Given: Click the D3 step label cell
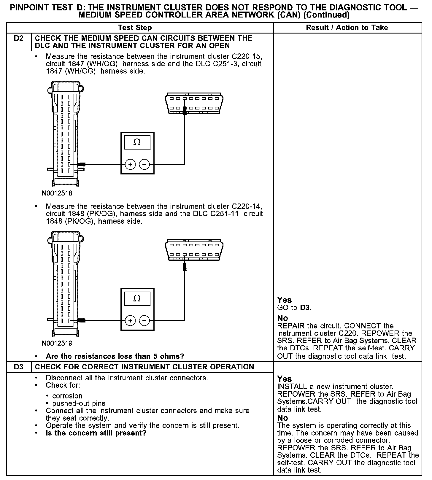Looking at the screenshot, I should click(18, 367).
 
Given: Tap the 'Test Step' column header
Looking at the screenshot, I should click(135, 28).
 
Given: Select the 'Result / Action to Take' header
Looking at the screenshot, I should click(347, 28).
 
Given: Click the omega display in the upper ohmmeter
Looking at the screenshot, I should click(137, 142).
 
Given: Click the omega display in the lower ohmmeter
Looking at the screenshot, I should click(137, 298).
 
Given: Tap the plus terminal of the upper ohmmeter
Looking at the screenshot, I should click(130, 164).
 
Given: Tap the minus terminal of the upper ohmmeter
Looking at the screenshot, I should click(144, 164).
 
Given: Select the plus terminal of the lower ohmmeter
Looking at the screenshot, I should click(130, 320).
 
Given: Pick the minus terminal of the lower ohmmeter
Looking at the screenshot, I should click(144, 320).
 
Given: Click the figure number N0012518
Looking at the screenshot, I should click(57, 193).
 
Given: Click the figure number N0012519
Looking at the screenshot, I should click(57, 344).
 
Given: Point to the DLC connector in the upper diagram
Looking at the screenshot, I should click(194, 103).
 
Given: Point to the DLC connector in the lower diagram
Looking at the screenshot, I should click(194, 250).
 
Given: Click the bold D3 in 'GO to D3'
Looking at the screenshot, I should click(305, 308).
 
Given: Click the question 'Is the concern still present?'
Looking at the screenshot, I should click(96, 433).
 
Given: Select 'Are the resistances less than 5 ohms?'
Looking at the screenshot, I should click(115, 356).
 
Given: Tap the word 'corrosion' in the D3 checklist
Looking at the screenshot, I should click(67, 396).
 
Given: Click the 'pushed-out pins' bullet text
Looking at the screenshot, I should click(79, 403).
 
